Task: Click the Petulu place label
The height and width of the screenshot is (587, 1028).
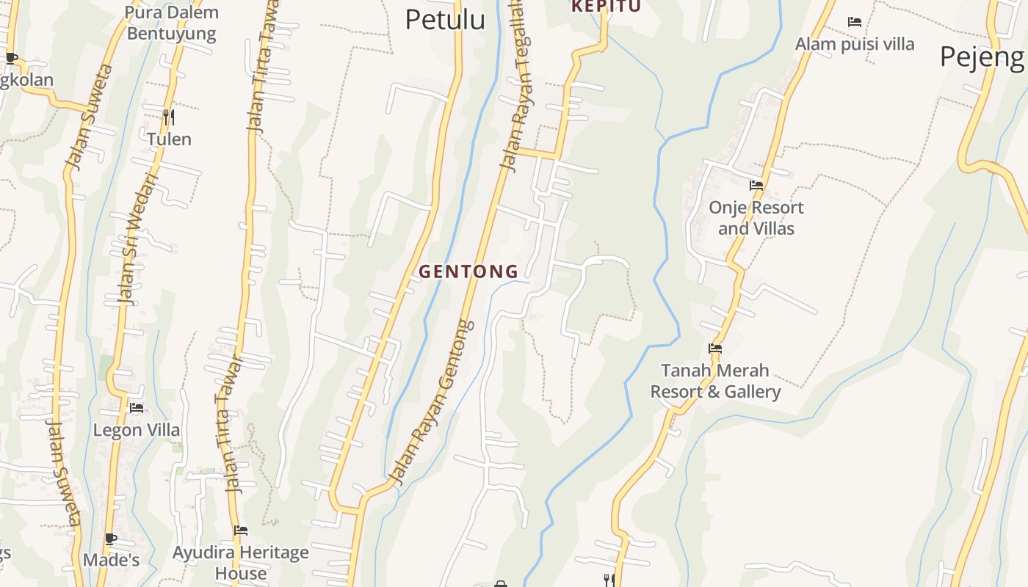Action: click(445, 20)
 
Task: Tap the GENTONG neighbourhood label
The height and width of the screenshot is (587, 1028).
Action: click(468, 271)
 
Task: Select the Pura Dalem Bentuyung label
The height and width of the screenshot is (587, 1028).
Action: click(172, 23)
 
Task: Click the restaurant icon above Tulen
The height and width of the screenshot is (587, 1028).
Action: click(169, 117)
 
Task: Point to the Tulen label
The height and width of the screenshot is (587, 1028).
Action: click(169, 139)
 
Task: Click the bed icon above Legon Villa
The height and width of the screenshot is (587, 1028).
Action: click(137, 408)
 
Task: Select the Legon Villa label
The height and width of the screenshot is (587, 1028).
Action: click(137, 430)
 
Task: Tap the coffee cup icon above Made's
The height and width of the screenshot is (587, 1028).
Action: click(111, 539)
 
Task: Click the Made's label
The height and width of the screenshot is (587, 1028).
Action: click(111, 561)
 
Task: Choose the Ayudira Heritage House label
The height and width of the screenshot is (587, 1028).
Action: click(241, 563)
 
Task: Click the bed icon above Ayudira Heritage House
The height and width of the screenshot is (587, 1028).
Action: click(241, 531)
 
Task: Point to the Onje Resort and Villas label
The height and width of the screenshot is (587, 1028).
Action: click(756, 218)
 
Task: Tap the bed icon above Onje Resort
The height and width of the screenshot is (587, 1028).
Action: click(756, 186)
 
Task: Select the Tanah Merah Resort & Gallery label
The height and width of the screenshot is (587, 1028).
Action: click(715, 381)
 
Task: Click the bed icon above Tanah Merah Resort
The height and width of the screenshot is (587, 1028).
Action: click(715, 349)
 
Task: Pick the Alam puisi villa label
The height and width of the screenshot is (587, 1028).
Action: click(855, 44)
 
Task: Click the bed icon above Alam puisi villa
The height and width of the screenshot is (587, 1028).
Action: click(855, 22)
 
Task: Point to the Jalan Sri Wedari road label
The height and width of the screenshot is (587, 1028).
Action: click(138, 238)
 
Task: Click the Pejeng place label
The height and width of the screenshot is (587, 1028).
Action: click(982, 56)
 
